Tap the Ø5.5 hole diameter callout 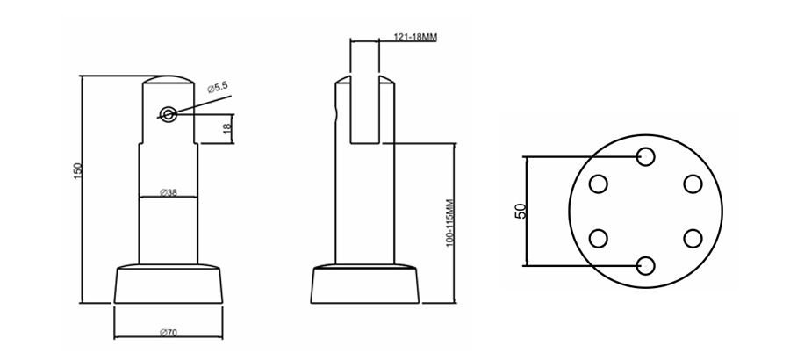[x=219, y=89]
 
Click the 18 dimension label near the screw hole [x=226, y=129]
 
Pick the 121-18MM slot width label [x=416, y=38]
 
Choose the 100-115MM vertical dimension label [x=449, y=222]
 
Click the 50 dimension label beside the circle [x=521, y=211]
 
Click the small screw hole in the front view [x=169, y=113]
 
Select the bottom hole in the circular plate [x=645, y=265]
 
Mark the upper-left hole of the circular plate [x=599, y=184]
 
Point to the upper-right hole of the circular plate [x=693, y=184]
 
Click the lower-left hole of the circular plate [x=599, y=238]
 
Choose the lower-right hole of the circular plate [x=693, y=238]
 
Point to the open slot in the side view [x=365, y=110]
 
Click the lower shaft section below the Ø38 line [x=169, y=228]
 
